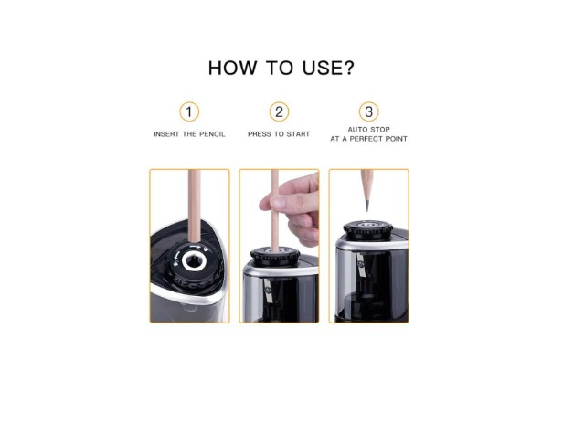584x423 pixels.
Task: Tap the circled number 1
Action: [x=189, y=112]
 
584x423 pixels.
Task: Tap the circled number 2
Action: [x=279, y=112]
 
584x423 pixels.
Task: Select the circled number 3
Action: [x=368, y=112]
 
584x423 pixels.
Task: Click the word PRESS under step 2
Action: [x=260, y=134]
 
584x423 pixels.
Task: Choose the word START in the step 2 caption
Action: [x=298, y=134]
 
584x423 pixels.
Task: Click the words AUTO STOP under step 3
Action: [x=369, y=130]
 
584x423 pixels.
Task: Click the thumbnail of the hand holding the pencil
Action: [x=280, y=245]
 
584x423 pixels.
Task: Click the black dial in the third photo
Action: [x=368, y=228]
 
